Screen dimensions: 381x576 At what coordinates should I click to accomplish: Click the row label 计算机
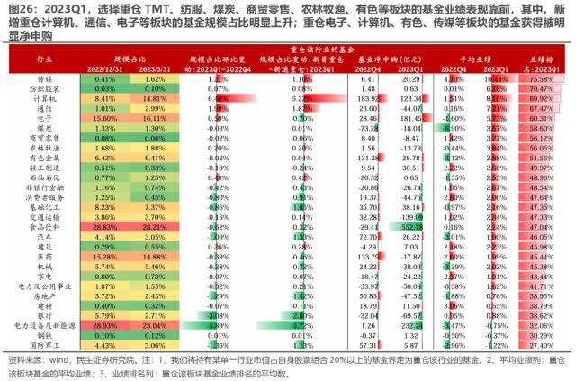click(x=43, y=99)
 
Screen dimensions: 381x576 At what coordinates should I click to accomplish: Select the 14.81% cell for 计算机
click(x=154, y=99)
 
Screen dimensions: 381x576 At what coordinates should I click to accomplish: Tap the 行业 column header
click(x=43, y=59)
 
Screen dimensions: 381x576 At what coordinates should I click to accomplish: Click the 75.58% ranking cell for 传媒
click(x=541, y=79)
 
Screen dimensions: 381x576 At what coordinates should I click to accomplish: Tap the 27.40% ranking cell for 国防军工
click(x=541, y=345)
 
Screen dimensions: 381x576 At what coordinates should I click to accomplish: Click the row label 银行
click(x=43, y=315)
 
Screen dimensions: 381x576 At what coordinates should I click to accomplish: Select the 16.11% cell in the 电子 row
click(x=154, y=118)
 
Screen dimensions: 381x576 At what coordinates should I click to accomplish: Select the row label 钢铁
click(x=43, y=335)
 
